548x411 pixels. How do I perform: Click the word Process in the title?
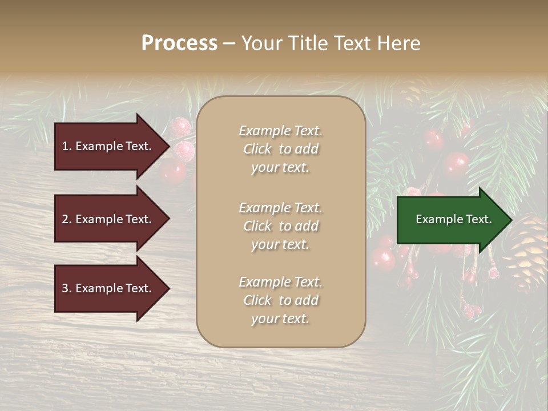click(179, 43)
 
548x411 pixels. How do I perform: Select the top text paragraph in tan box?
click(280, 149)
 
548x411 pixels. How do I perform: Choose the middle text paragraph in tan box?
click(280, 226)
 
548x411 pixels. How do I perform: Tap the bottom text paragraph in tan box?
click(280, 300)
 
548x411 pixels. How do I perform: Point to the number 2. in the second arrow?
click(67, 219)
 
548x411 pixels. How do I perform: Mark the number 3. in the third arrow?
click(67, 288)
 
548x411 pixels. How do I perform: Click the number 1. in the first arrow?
click(66, 146)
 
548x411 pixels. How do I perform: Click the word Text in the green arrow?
click(478, 219)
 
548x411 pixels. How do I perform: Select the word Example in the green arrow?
click(438, 219)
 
